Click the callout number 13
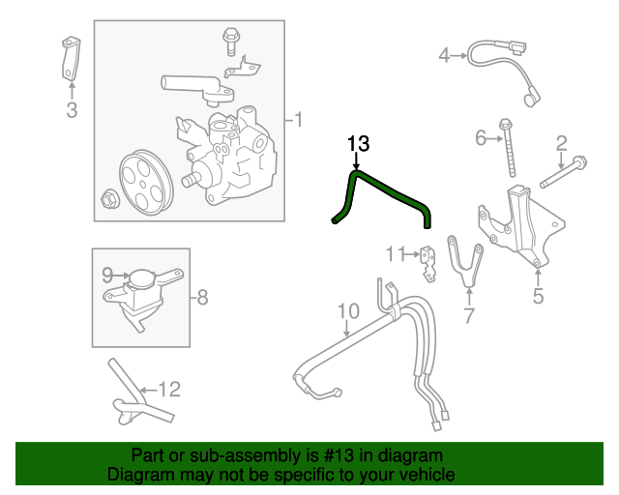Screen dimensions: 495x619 coord(358,144)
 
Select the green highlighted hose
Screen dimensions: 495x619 coord(392,194)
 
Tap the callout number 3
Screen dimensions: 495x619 coord(72,110)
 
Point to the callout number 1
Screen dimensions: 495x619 coord(299,120)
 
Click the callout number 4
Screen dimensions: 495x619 coord(445,55)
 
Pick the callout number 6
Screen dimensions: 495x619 coord(481,138)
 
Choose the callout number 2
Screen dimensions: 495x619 coord(561,145)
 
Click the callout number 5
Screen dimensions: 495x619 coord(538,296)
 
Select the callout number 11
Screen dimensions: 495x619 coord(394,254)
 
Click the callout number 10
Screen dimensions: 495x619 coord(348,311)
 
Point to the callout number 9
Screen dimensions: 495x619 coord(108,275)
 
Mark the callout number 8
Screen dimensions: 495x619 coord(201,298)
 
